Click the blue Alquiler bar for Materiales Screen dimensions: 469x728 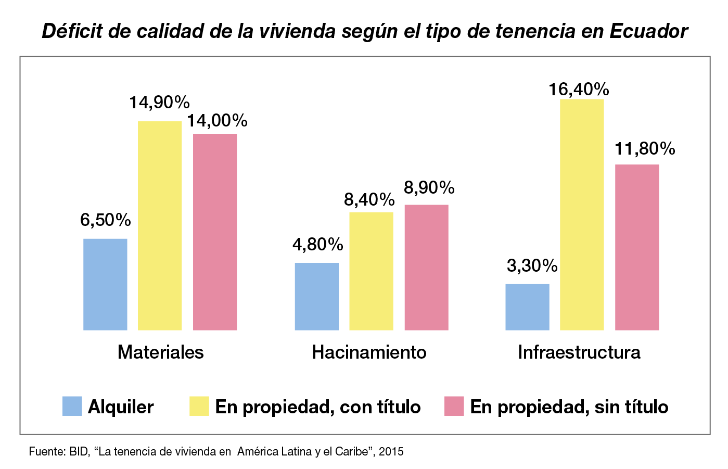pos(105,284)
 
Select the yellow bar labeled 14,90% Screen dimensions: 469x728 pos(160,225)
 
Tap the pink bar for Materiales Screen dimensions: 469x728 pos(215,232)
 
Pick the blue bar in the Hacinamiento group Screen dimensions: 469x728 pos(316,296)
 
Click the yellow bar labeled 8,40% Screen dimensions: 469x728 pos(371,271)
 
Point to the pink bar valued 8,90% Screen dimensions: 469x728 pos(426,267)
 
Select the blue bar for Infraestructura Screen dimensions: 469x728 pos(527,307)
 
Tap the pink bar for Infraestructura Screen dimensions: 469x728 pos(637,247)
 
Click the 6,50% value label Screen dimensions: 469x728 pos(105,220)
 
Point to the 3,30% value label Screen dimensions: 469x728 pos(532,266)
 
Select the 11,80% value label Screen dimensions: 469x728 pos(645,149)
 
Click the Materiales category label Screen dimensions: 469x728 pos(160,352)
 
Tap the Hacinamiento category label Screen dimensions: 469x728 pos(369,352)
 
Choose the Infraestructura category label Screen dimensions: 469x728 pos(579,352)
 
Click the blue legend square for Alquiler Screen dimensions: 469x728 pos(72,406)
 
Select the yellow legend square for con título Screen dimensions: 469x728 pos(199,406)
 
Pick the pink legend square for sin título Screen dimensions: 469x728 pos(454,406)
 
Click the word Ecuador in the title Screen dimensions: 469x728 pos(648,31)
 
